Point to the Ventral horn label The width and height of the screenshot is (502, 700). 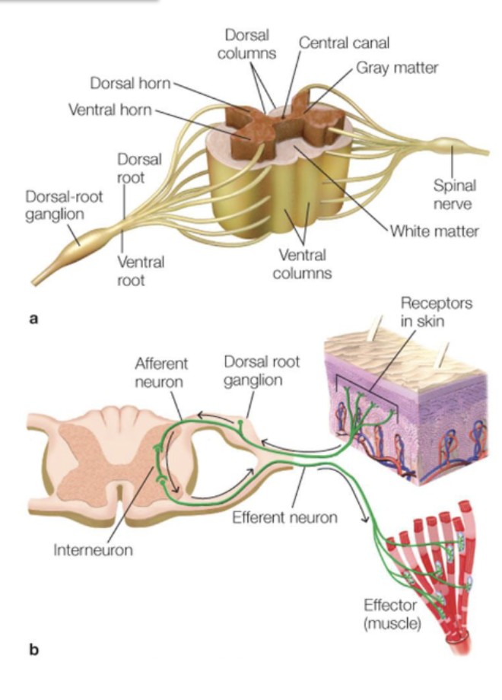tap(110, 110)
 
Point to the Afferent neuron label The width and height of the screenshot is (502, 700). tap(161, 371)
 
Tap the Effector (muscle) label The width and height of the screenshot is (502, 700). tap(392, 615)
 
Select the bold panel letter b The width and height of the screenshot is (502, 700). tap(33, 650)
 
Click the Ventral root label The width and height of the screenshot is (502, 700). tap(141, 271)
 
